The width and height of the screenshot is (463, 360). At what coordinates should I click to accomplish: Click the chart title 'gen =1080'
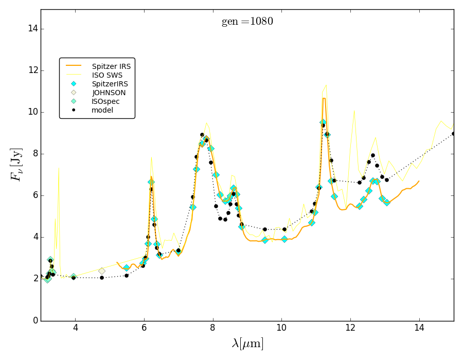247,22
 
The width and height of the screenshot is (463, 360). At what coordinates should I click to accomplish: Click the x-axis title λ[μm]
247,344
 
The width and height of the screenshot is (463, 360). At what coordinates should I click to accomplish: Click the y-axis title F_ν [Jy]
16,165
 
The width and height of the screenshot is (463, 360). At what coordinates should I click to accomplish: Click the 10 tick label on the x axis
281,330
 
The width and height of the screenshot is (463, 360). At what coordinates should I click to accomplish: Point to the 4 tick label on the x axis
75,330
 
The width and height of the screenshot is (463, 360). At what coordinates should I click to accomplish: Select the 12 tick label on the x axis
350,330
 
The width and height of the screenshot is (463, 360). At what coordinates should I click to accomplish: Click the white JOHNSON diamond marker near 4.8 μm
102,271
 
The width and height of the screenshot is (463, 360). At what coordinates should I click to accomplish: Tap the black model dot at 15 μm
453,134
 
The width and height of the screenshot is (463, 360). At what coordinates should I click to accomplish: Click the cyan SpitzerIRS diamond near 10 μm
284,239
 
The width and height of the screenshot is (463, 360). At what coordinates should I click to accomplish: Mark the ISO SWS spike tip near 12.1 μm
354,110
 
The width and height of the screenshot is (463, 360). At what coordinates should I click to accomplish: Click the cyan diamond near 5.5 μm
127,268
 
